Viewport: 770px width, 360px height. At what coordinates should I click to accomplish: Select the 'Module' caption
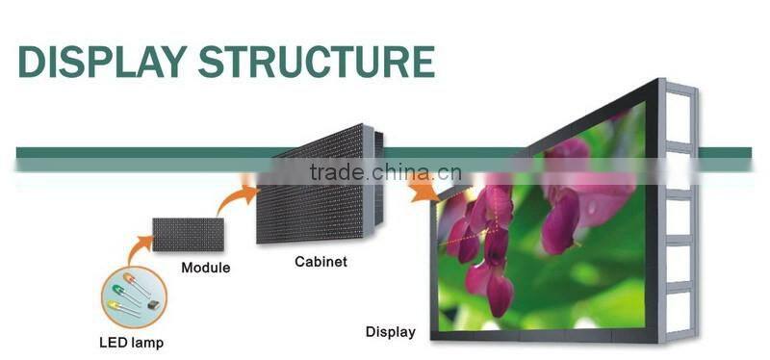coord(206,268)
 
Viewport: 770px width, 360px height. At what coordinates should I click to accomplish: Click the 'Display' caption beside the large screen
coord(390,332)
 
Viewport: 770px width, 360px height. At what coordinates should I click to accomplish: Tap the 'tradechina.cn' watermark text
coord(385,173)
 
